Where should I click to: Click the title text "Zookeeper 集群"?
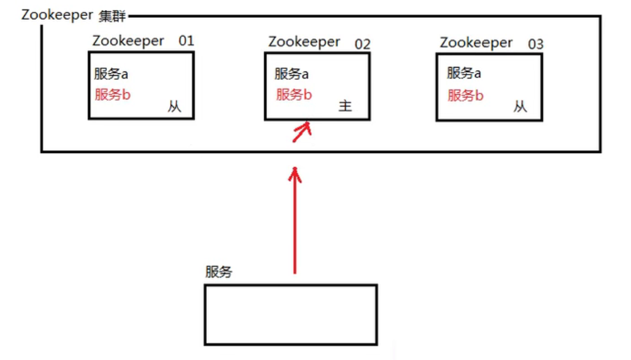tap(74, 15)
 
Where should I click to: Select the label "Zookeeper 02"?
tap(318, 43)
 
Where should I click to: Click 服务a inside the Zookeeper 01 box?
tap(111, 74)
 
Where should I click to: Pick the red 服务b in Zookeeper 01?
tap(113, 95)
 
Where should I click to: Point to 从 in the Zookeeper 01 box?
tap(174, 106)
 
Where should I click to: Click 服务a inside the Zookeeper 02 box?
tap(292, 74)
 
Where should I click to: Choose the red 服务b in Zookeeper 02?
tap(294, 95)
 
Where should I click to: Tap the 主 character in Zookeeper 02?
tap(345, 106)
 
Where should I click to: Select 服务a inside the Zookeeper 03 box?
tap(464, 73)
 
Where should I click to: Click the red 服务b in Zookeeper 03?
tap(465, 96)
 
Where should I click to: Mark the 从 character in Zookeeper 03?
tap(520, 106)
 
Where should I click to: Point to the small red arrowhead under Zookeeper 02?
tap(302, 132)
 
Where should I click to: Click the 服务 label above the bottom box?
tap(218, 273)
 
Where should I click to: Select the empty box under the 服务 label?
tap(290, 315)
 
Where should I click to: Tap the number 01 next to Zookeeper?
tap(186, 41)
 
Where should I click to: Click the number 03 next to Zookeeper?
tap(535, 44)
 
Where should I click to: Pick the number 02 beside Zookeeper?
tap(362, 44)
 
